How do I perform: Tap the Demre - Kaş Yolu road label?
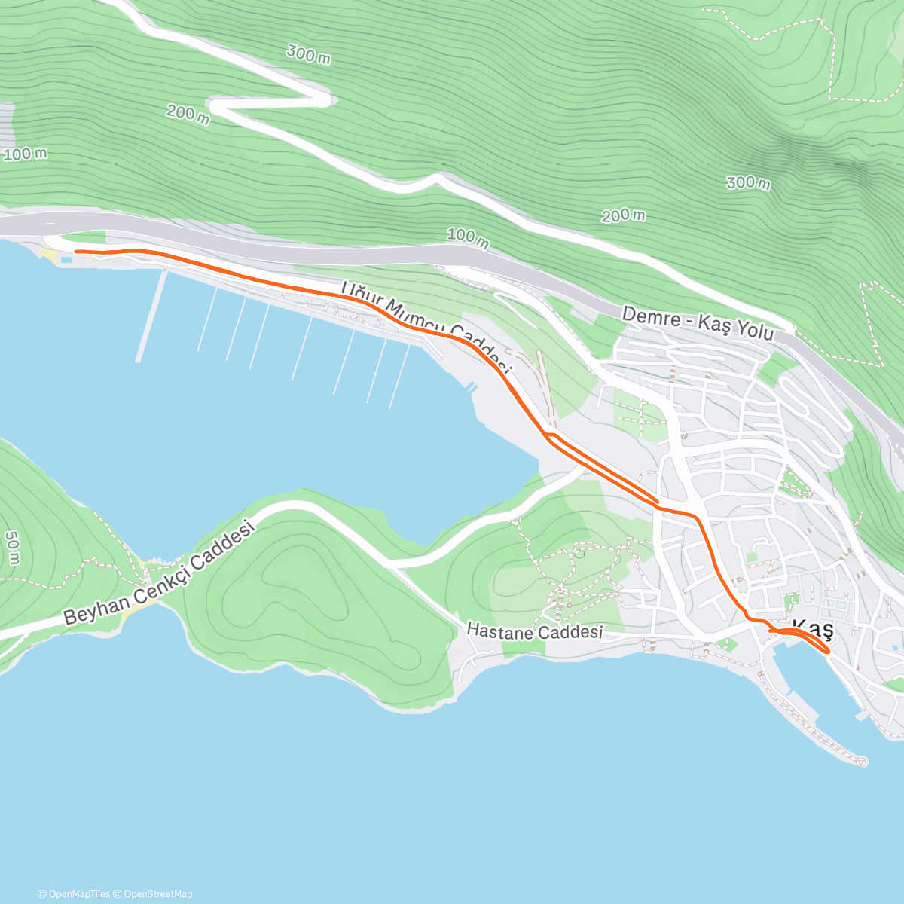coord(698,325)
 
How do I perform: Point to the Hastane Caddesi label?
coord(535,631)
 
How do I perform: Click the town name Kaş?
coord(814,629)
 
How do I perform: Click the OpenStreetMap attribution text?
coord(158,894)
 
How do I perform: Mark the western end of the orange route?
coord(76,251)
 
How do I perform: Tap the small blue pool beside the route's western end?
coord(67,260)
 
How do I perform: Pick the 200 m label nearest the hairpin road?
coord(188,115)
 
